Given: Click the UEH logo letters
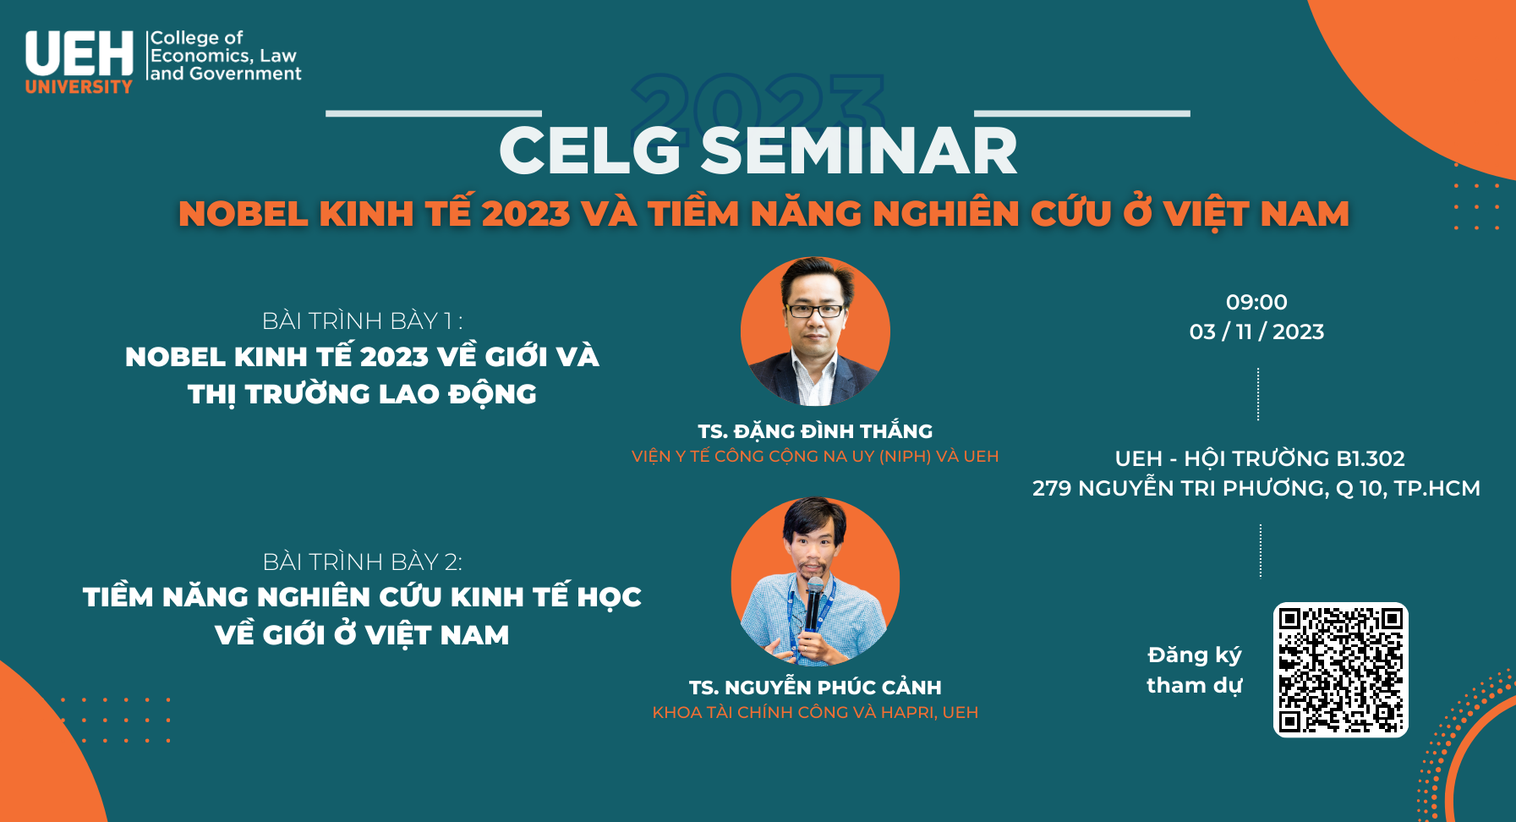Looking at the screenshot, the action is point(79,54).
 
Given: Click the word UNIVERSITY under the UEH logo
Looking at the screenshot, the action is point(79,86).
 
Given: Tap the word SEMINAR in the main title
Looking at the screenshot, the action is point(859,151).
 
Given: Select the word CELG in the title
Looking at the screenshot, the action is point(590,151).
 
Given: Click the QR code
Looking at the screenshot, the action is point(1341,670).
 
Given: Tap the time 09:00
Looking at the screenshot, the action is point(1256,302).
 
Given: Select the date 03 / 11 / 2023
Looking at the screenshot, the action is point(1256,332).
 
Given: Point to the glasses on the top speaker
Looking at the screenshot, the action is point(815,310).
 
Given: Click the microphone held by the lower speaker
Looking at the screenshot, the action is point(813,603).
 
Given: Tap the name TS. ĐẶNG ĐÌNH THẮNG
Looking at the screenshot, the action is point(815,431).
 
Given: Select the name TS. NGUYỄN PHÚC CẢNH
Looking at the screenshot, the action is point(815,687).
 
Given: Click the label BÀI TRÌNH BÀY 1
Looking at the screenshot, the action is point(362,321).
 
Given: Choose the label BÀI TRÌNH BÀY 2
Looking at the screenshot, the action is point(362,562).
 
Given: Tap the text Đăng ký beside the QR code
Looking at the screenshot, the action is point(1195,655).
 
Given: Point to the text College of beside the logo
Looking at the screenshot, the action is point(196,38).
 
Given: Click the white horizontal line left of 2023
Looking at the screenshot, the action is point(434,113).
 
